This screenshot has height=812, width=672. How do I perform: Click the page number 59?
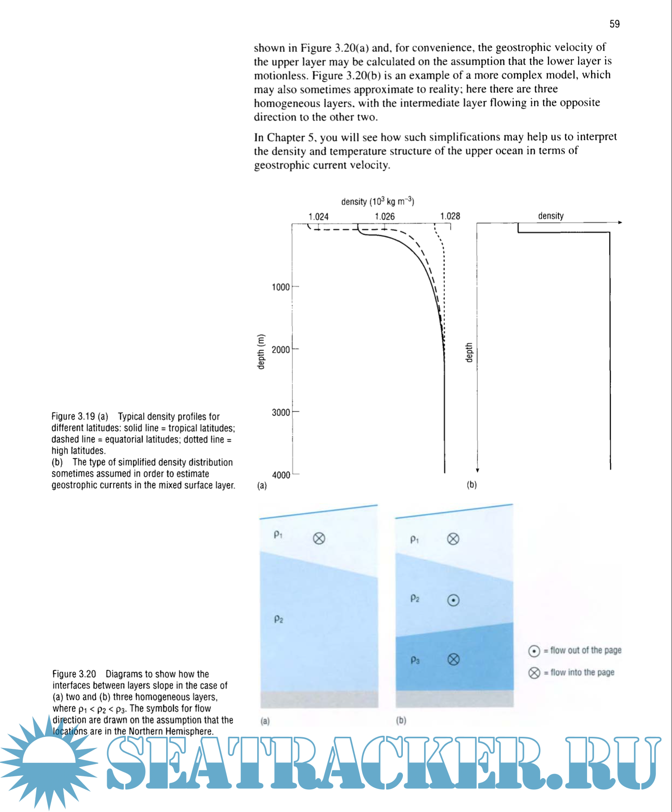tap(614, 24)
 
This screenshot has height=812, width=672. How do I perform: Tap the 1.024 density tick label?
tap(318, 216)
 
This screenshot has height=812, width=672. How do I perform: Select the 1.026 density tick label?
tap(385, 216)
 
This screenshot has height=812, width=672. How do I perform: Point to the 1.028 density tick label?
tap(450, 216)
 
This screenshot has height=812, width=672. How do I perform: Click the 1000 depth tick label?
tap(281, 287)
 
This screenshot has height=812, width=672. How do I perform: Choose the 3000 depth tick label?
tap(281, 412)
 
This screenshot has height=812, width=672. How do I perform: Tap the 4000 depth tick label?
tap(281, 475)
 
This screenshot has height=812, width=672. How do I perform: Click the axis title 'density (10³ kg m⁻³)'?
tap(377, 201)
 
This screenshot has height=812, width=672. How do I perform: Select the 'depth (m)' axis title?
tap(261, 352)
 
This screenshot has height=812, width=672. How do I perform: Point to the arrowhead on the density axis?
tap(620, 223)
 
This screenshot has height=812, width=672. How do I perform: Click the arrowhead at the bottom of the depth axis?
tap(477, 470)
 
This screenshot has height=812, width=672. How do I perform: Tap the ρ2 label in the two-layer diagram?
tap(278, 619)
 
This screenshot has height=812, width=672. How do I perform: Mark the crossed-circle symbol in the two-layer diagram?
tap(319, 538)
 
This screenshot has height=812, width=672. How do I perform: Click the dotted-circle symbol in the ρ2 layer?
tap(453, 600)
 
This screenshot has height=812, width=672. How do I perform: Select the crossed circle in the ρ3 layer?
tap(453, 659)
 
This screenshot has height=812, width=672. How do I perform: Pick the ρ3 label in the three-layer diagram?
tap(415, 660)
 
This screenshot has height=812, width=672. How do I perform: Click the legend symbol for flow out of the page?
tap(534, 651)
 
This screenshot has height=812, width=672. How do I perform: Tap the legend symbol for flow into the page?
tap(534, 673)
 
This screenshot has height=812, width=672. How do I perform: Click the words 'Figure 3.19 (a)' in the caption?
tap(80, 416)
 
